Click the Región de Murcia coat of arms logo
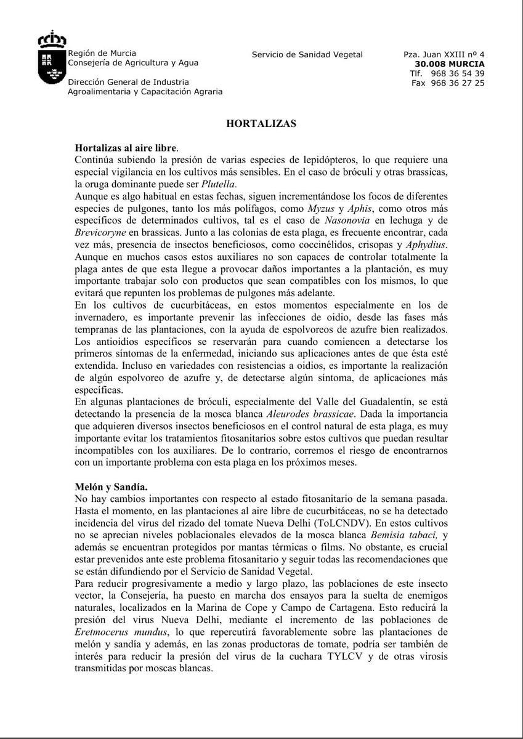tap(52, 59)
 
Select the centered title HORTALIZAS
tap(261, 123)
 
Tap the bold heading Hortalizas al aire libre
tap(126, 148)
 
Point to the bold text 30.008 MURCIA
tap(450, 63)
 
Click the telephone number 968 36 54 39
tap(457, 73)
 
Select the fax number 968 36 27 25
tap(457, 83)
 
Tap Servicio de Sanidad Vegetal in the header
tap(307, 54)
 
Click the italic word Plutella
tap(219, 184)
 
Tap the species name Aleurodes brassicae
tap(310, 414)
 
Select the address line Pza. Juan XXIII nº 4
tap(444, 54)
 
